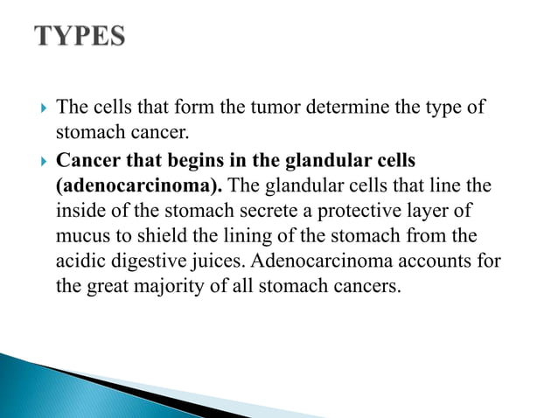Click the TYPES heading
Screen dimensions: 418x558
tap(80, 38)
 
